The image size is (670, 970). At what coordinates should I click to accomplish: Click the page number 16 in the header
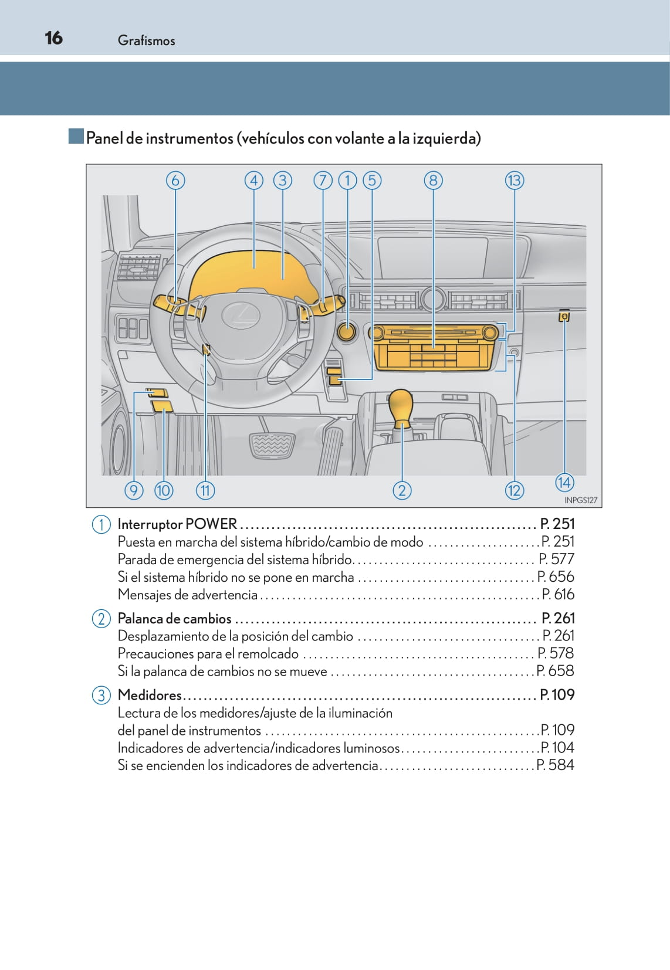[53, 38]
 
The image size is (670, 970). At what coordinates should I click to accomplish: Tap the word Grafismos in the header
[146, 40]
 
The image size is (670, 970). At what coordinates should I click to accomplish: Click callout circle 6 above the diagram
[175, 180]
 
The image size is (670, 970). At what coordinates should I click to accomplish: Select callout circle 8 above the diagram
[433, 180]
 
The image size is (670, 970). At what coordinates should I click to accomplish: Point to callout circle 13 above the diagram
[514, 180]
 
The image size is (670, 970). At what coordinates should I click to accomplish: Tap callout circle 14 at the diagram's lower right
[564, 482]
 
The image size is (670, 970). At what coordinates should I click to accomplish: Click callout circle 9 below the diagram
[134, 490]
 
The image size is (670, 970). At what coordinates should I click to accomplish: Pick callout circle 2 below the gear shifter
[402, 490]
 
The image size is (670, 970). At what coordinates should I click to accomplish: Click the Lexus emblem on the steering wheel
[241, 316]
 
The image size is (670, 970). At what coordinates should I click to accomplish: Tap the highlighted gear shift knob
[402, 406]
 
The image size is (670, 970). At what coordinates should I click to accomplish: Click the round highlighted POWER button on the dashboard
[347, 331]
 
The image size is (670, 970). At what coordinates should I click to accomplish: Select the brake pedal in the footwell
[272, 445]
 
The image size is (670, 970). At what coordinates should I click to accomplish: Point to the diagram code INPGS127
[580, 500]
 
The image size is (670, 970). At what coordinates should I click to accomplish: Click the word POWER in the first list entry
[211, 524]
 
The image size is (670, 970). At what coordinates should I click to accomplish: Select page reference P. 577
[556, 559]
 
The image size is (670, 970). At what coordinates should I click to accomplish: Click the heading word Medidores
[150, 695]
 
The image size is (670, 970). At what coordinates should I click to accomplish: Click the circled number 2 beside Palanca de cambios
[101, 619]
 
